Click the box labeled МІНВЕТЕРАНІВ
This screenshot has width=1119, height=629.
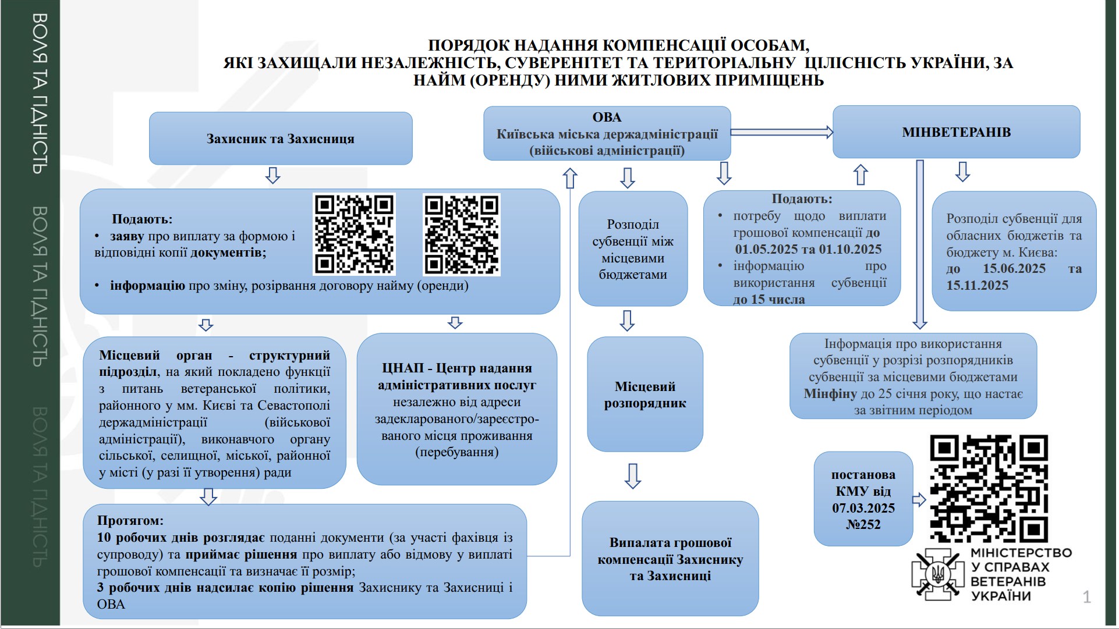pyautogui.click(x=956, y=132)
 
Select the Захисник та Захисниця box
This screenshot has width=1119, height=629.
pyautogui.click(x=281, y=138)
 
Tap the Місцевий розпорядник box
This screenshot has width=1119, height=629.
pyautogui.click(x=645, y=394)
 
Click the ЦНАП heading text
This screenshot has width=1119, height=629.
pyautogui.click(x=457, y=376)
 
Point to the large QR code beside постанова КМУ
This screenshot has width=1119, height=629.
pyautogui.click(x=989, y=489)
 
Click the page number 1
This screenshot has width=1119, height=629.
pyautogui.click(x=1086, y=597)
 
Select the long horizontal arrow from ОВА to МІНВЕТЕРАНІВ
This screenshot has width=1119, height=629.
pyautogui.click(x=782, y=132)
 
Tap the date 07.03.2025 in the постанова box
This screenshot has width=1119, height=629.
pyautogui.click(x=863, y=508)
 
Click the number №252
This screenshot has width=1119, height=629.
pyautogui.click(x=863, y=525)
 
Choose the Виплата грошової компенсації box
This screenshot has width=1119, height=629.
pyautogui.click(x=670, y=559)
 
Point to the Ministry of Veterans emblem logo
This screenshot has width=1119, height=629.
pyautogui.click(x=937, y=574)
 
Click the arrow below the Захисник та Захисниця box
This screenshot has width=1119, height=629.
pyautogui.click(x=272, y=175)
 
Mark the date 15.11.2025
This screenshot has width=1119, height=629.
pyautogui.click(x=977, y=286)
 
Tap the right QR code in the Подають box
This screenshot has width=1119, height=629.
pyautogui.click(x=462, y=234)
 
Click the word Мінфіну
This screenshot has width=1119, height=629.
pyautogui.click(x=830, y=394)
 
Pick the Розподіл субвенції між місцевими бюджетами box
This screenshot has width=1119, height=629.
pyautogui.click(x=633, y=249)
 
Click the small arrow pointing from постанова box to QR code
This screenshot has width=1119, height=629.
pyautogui.click(x=919, y=499)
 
